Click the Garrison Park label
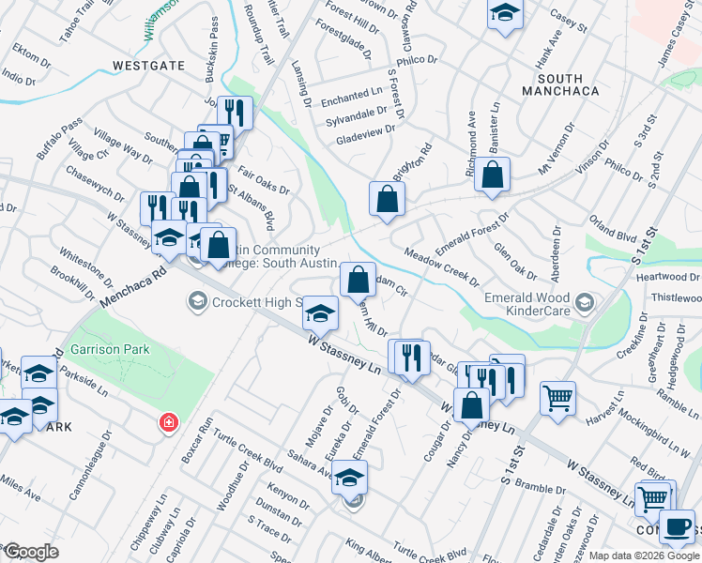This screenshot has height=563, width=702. pyautogui.click(x=111, y=348)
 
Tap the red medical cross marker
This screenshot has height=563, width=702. pyautogui.click(x=169, y=423)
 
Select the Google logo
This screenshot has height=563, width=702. pyautogui.click(x=30, y=552)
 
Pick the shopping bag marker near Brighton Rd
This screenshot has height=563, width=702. pyautogui.click(x=386, y=198)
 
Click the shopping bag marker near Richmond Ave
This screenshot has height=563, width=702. pyautogui.click(x=492, y=175)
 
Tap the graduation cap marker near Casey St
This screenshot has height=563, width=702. pyautogui.click(x=505, y=14)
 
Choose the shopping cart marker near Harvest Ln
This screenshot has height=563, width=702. pyautogui.click(x=557, y=397)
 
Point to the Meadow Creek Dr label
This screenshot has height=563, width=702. pyautogui.click(x=441, y=267)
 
